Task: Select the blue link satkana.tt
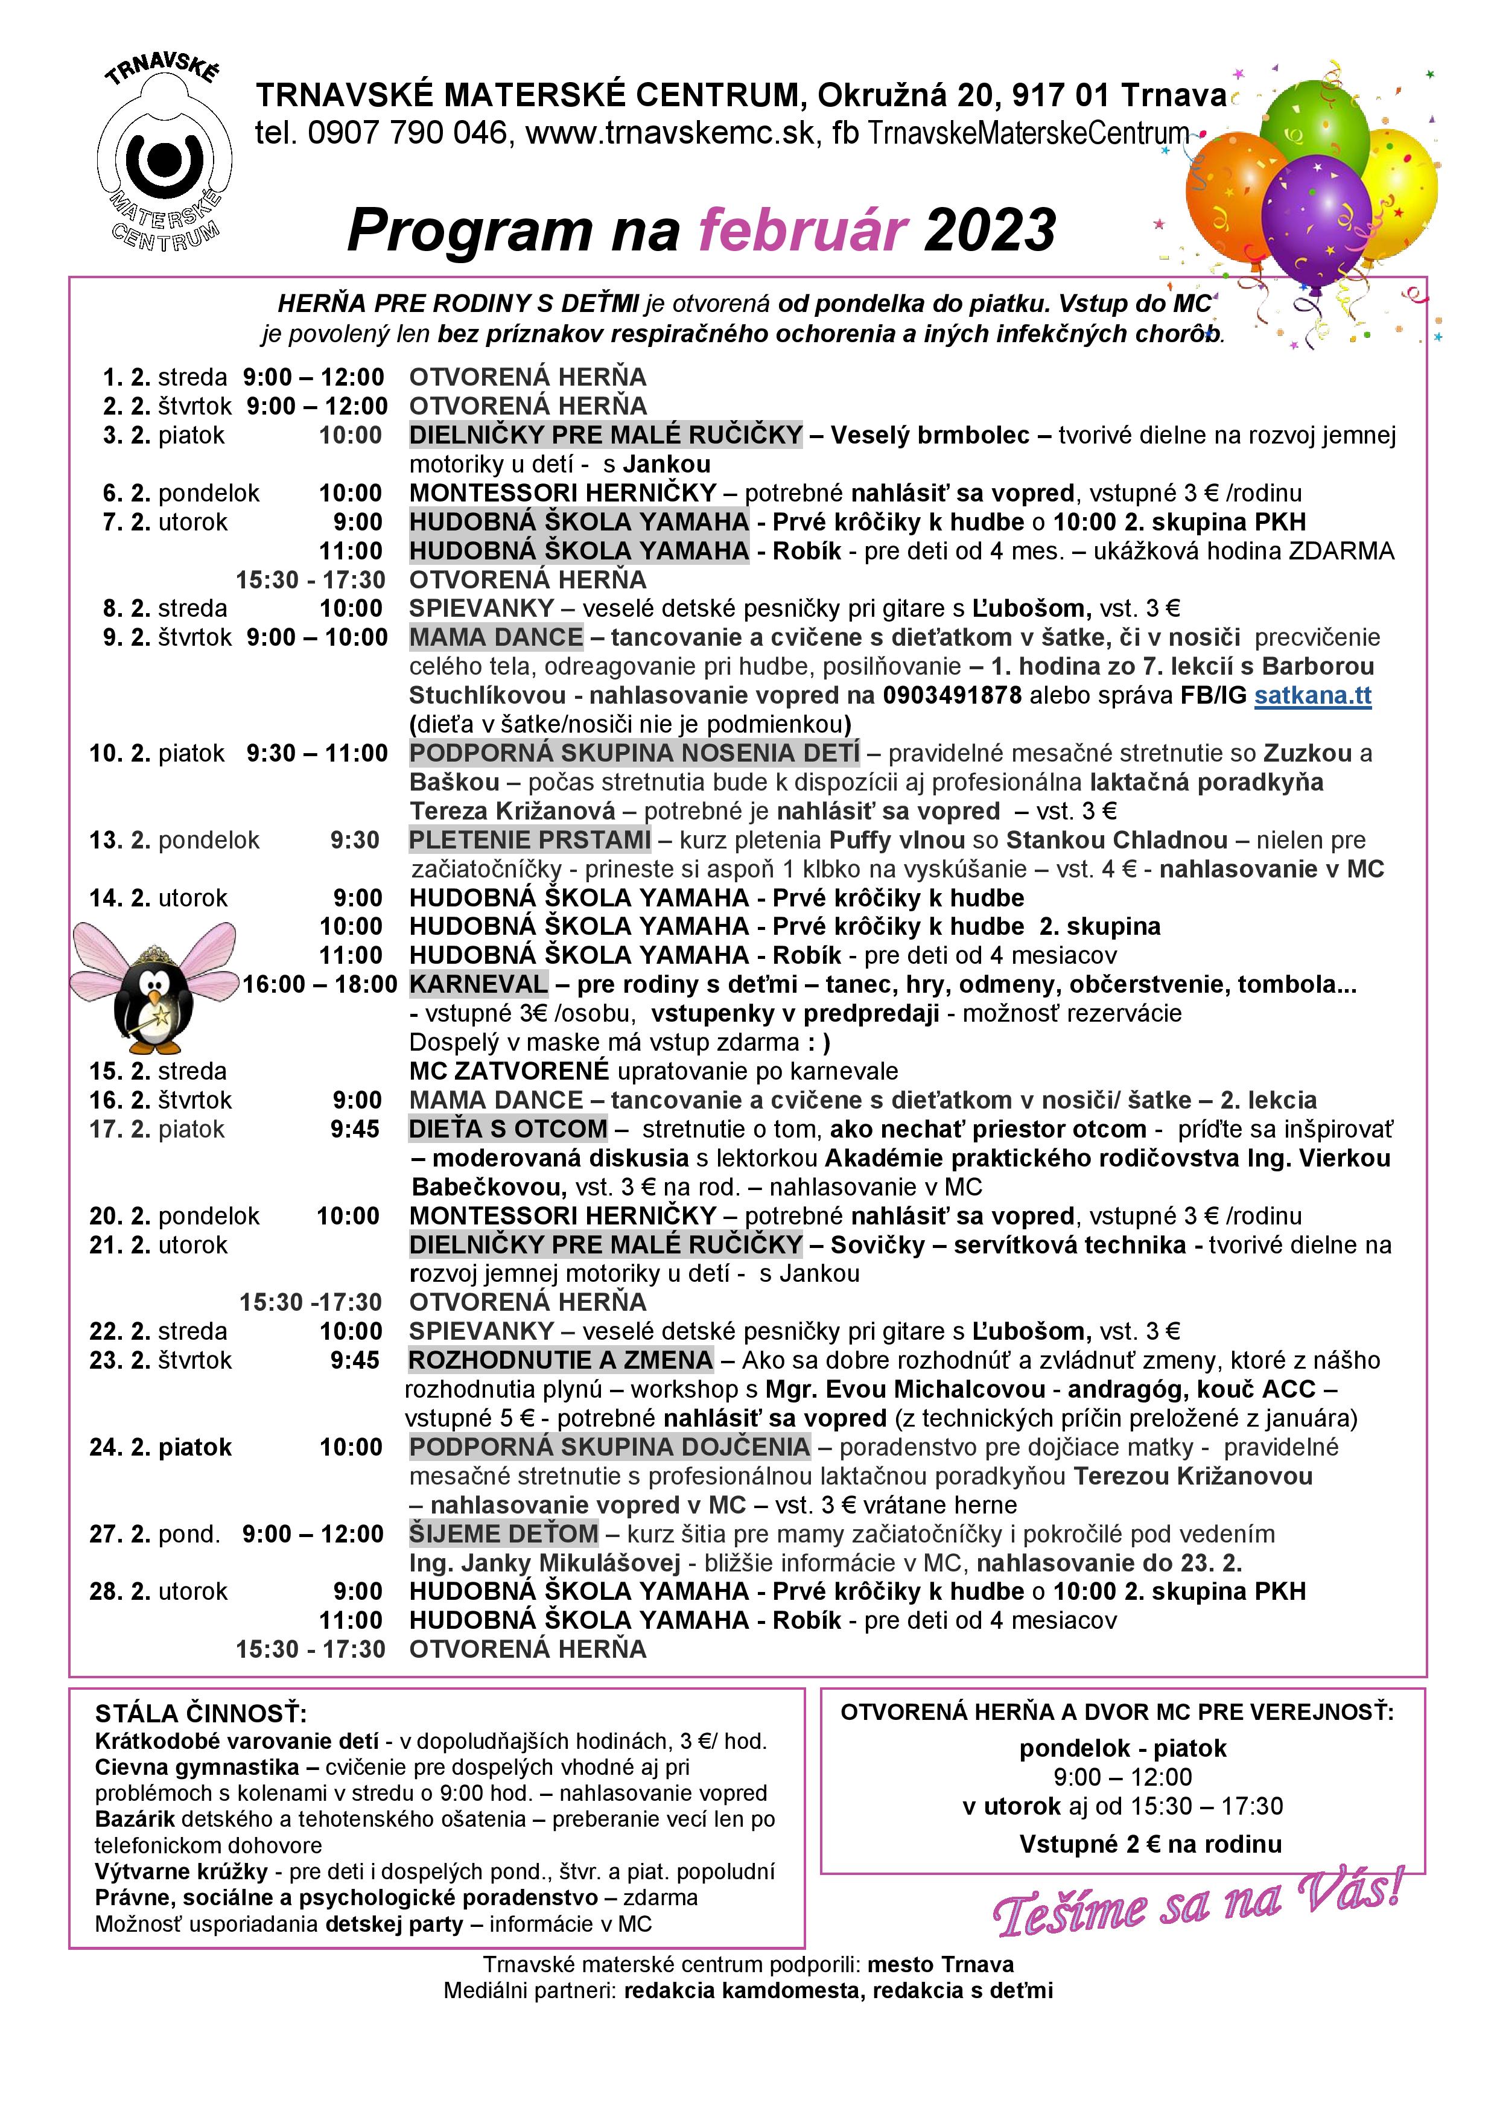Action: point(1312,695)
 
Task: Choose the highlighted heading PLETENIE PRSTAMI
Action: point(530,840)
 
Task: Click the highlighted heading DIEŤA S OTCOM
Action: point(508,1129)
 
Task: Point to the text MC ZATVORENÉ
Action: point(509,1071)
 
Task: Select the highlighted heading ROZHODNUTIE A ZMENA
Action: point(561,1360)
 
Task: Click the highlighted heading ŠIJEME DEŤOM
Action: point(503,1533)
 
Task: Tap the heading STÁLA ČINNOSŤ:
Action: point(201,1713)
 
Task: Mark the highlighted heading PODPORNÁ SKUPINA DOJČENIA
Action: point(609,1447)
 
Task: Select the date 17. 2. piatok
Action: point(157,1129)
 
